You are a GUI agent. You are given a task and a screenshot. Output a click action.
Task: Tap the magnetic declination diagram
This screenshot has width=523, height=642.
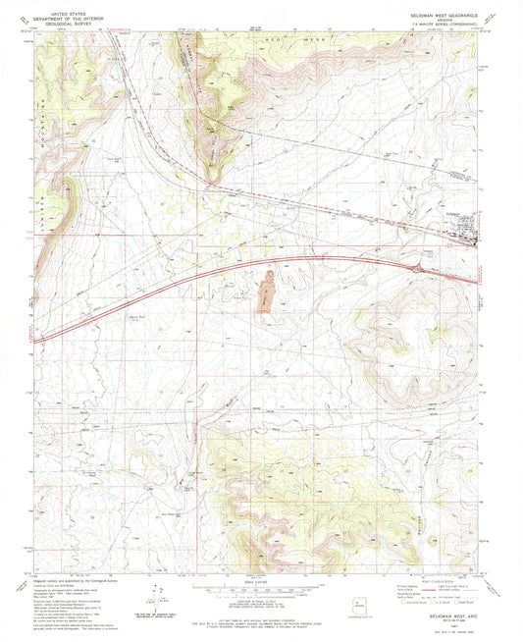[154, 590]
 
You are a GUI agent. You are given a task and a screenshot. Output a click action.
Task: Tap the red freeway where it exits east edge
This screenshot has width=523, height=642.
[478, 281]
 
